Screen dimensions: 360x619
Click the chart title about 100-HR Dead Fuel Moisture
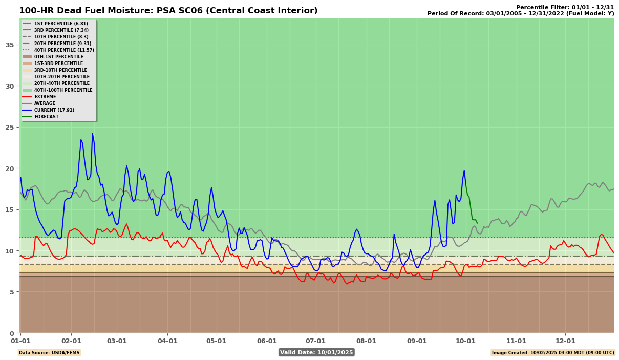point(168,11)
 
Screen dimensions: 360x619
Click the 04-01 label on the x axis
point(167,341)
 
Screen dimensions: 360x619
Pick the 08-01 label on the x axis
point(367,341)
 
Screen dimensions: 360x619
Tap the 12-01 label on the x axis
point(565,341)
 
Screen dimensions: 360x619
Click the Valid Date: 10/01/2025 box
point(316,352)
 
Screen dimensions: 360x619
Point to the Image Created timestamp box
point(553,352)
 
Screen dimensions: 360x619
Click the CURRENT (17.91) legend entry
point(54,110)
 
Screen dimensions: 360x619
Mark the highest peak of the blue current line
point(92,133)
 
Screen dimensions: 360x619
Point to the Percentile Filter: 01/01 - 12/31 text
point(565,7)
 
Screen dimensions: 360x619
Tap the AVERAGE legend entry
point(45,103)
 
